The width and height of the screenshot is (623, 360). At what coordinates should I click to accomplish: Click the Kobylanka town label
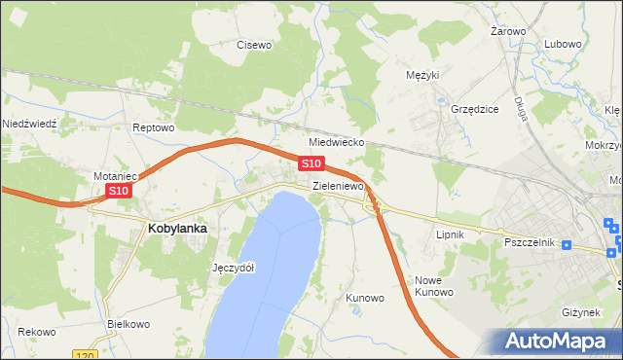pyautogui.click(x=177, y=229)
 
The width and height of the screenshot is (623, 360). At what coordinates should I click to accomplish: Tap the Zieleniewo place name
pyautogui.click(x=338, y=185)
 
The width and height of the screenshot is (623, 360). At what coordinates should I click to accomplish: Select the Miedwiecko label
pyautogui.click(x=336, y=142)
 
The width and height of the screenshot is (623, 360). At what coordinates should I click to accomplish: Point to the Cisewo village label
pyautogui.click(x=255, y=44)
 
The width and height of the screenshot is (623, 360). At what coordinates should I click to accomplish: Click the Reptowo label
pyautogui.click(x=153, y=127)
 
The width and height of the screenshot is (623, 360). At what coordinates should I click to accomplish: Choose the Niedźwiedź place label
pyautogui.click(x=31, y=124)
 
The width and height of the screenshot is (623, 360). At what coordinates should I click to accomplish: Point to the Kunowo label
pyautogui.click(x=365, y=298)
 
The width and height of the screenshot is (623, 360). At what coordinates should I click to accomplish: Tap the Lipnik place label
pyautogui.click(x=450, y=235)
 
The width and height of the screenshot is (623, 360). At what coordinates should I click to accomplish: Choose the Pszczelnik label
pyautogui.click(x=529, y=241)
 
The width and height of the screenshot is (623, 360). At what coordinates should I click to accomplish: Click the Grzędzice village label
pyautogui.click(x=474, y=109)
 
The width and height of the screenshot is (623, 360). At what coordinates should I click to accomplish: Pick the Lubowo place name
pyautogui.click(x=563, y=44)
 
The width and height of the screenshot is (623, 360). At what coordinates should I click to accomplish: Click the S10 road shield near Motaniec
pyautogui.click(x=118, y=192)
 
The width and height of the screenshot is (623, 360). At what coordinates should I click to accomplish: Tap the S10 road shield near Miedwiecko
pyautogui.click(x=311, y=163)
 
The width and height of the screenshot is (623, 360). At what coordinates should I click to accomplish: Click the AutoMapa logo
pyautogui.click(x=559, y=341)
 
